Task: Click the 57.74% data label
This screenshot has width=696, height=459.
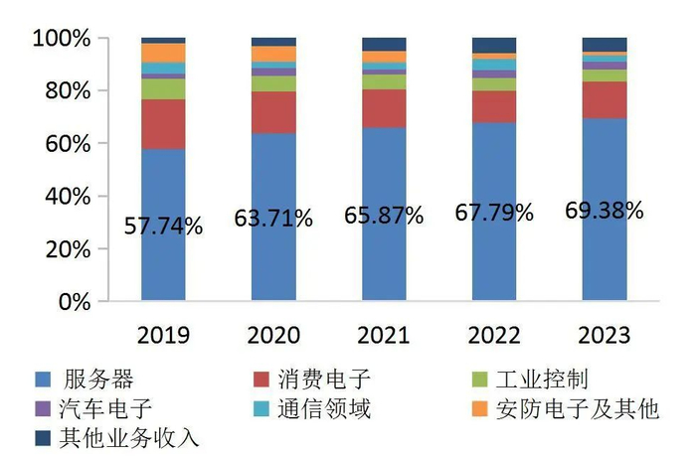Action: point(163,227)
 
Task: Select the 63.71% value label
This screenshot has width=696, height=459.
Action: point(272,217)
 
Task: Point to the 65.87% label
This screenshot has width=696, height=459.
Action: point(384,215)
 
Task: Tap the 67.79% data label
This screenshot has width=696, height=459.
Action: point(494,213)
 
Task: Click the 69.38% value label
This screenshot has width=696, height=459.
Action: point(604,211)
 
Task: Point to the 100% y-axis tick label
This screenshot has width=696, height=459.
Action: point(62,39)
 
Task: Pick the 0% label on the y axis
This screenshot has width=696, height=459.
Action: point(75,302)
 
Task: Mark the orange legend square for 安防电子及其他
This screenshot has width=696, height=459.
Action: point(478,408)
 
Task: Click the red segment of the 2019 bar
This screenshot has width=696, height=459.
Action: point(163,124)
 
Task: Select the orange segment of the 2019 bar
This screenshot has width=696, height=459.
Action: point(163,53)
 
